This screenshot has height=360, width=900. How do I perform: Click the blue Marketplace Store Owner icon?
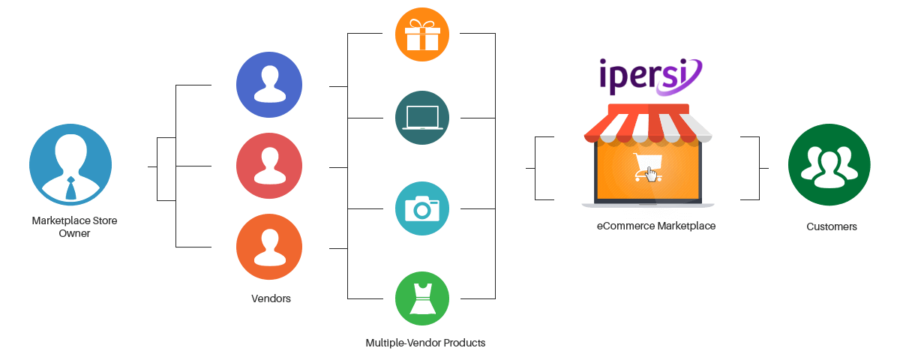70,165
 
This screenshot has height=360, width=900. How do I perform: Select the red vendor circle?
269,166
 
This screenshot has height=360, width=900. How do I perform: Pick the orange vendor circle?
269,248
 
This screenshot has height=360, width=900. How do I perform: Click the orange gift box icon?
422,33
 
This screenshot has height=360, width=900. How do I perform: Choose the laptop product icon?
422,118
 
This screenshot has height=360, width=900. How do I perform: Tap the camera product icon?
422,208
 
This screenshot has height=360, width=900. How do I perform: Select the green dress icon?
422,298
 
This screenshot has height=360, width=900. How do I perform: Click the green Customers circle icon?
829,165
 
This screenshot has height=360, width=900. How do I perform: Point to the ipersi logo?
650,76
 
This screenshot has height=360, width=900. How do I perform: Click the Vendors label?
271,298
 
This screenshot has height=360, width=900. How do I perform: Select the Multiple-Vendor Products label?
425,343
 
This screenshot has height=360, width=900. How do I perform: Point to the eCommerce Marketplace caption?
655,226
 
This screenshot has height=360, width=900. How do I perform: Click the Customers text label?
832,226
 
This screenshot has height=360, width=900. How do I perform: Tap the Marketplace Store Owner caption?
74,227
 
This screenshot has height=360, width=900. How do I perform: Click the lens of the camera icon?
422,209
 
